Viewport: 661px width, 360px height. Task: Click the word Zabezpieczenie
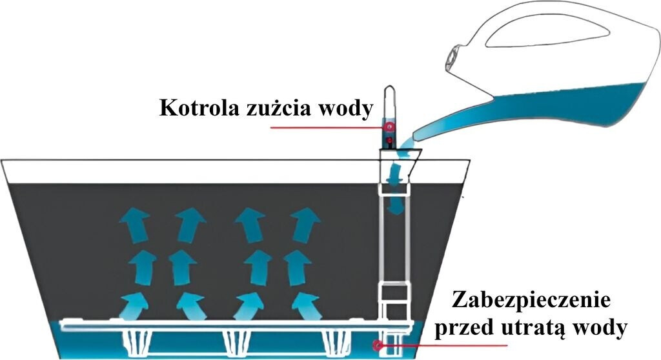coord(531,301)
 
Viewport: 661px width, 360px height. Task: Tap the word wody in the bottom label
coord(600,328)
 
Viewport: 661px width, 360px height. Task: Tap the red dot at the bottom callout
coord(376,346)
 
